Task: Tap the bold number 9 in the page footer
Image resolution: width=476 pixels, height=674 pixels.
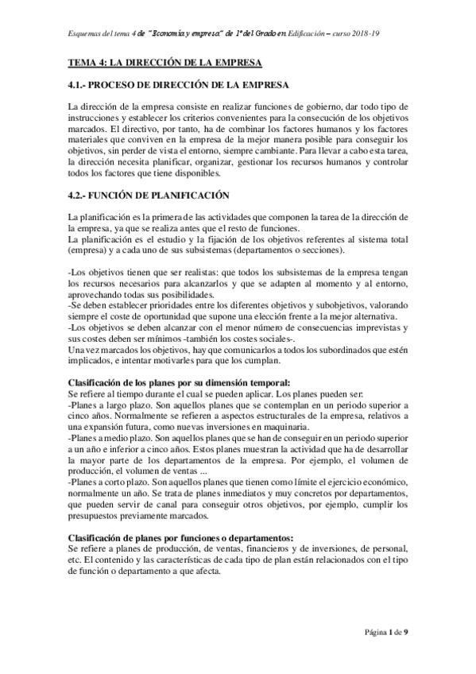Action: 406,631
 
